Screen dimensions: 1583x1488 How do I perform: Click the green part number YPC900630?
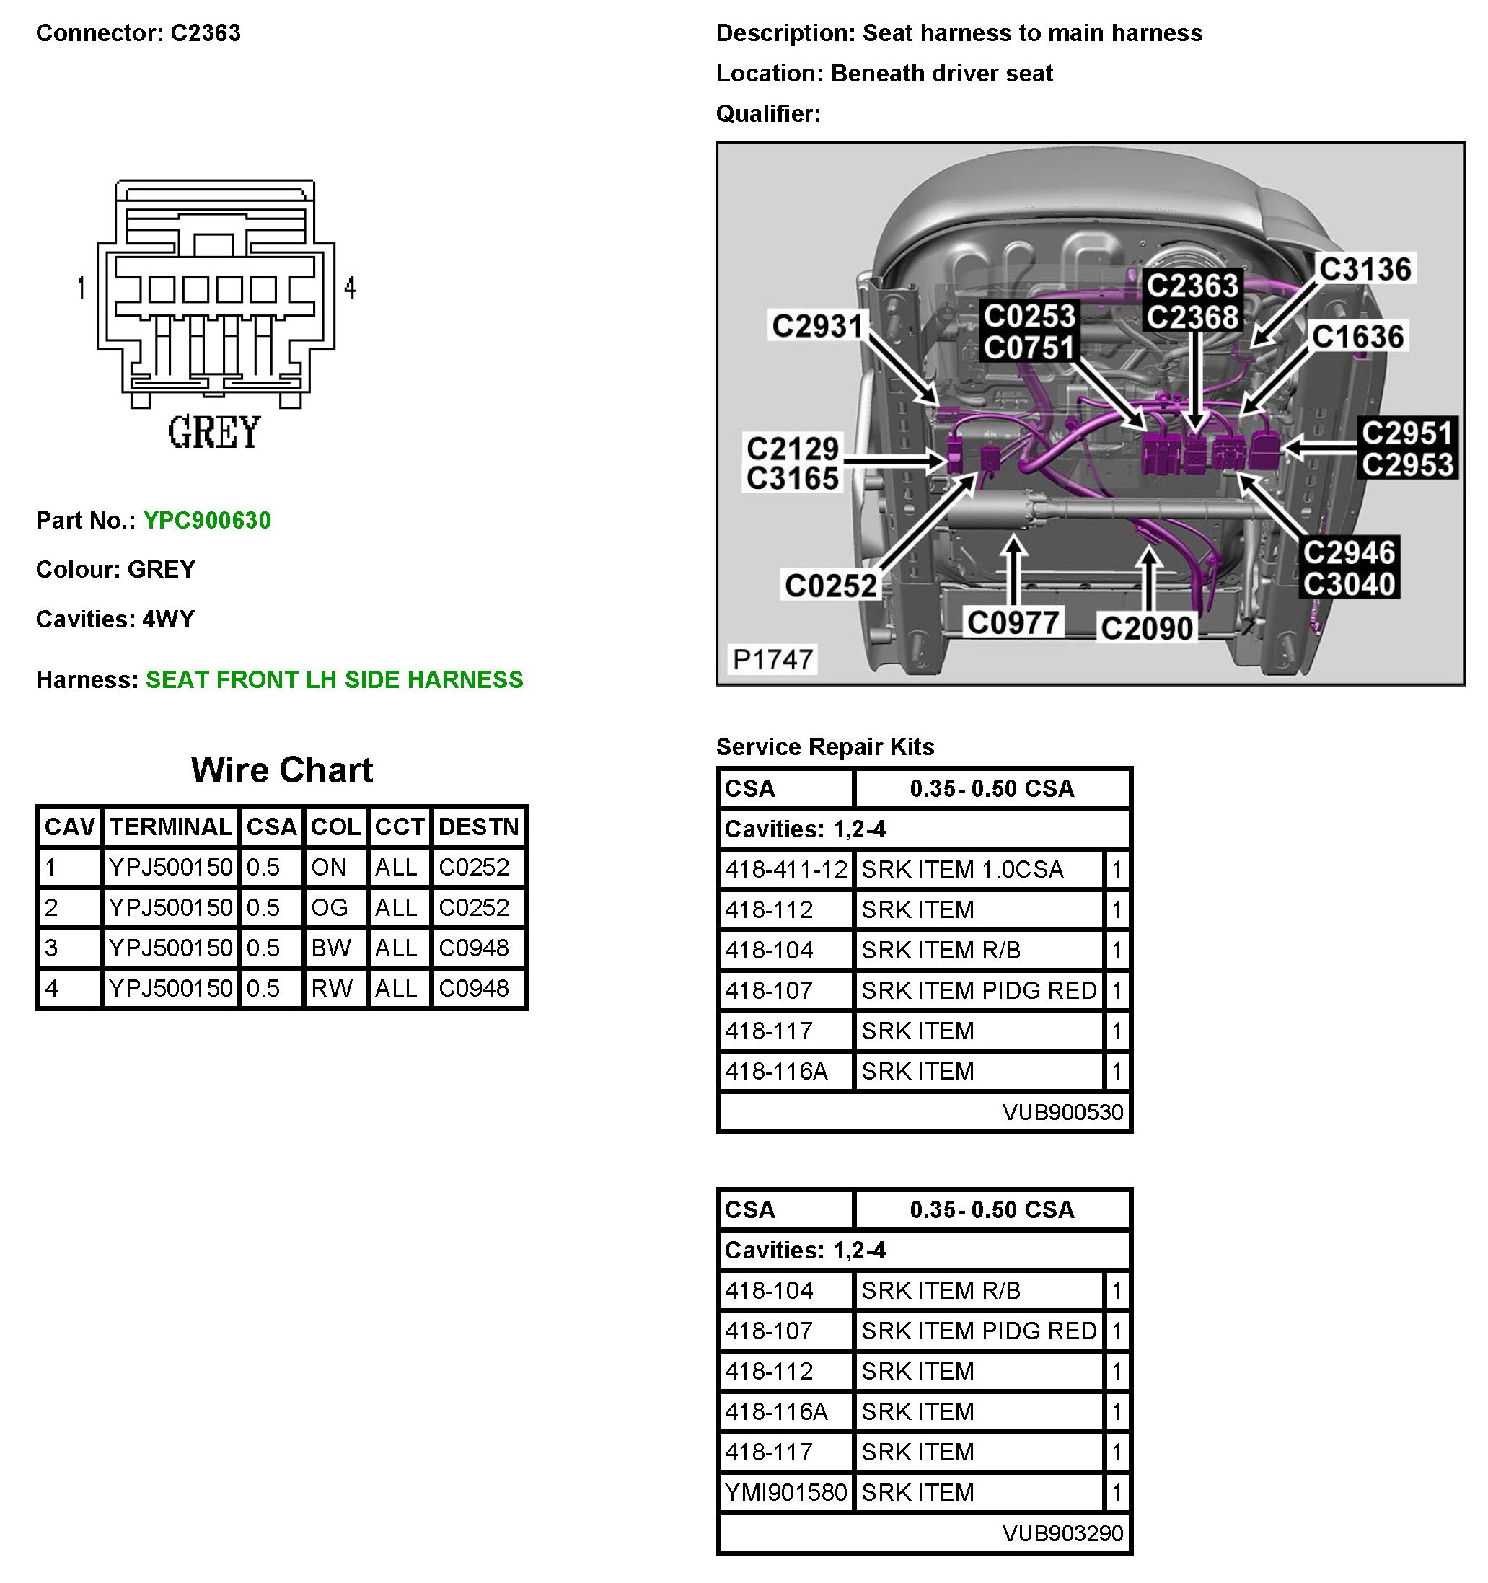pyautogui.click(x=206, y=521)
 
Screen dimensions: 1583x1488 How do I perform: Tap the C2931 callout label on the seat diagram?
pyautogui.click(x=817, y=326)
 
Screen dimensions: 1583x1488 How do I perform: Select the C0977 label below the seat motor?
pyautogui.click(x=1013, y=622)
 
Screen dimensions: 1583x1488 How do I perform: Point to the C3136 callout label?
pyautogui.click(x=1365, y=269)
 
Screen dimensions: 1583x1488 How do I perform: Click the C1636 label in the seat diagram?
pyautogui.click(x=1357, y=336)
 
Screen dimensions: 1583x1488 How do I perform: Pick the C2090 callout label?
pyautogui.click(x=1146, y=628)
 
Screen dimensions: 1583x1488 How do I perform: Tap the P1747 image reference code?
pyautogui.click(x=772, y=659)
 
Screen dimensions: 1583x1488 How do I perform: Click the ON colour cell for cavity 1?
pyautogui.click(x=328, y=867)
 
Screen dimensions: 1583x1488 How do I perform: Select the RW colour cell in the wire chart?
pyautogui.click(x=331, y=988)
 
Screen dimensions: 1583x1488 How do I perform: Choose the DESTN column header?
pyautogui.click(x=478, y=826)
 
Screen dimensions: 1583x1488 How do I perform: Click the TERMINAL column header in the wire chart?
pyautogui.click(x=170, y=826)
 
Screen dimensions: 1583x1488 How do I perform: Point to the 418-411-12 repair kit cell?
pyautogui.click(x=785, y=870)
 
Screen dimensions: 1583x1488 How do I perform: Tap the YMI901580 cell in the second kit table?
pyautogui.click(x=785, y=1492)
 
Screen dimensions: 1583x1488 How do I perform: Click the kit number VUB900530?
pyautogui.click(x=1062, y=1112)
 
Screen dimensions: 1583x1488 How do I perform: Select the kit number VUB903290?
pyautogui.click(x=1062, y=1533)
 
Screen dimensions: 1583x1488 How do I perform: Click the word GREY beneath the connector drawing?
pyautogui.click(x=213, y=433)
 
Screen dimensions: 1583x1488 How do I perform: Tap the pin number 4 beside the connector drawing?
pyautogui.click(x=350, y=288)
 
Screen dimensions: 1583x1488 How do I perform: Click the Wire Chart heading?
pyautogui.click(x=282, y=770)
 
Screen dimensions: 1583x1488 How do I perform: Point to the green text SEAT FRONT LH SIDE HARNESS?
pyautogui.click(x=334, y=680)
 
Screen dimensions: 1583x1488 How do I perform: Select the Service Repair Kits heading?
pyautogui.click(x=824, y=747)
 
